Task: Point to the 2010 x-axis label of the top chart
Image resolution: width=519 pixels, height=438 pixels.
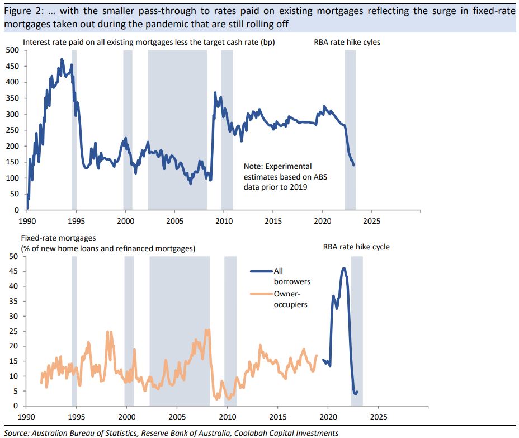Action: tap(224, 221)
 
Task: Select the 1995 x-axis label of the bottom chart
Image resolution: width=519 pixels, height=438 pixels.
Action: tap(77, 417)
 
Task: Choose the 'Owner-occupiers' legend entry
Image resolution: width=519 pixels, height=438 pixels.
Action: tap(288, 299)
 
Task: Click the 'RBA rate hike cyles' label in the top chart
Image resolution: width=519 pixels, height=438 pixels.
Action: tap(347, 42)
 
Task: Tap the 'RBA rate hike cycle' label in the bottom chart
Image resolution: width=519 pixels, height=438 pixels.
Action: tap(356, 247)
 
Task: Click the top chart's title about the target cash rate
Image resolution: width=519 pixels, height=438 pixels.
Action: tap(149, 42)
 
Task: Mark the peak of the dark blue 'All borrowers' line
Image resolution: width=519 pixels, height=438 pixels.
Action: tap(343, 269)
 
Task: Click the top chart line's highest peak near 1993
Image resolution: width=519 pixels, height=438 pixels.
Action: tap(62, 59)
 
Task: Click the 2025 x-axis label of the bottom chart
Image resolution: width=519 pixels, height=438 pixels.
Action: tap(378, 417)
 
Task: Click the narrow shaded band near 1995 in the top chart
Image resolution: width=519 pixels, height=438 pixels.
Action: tap(74, 129)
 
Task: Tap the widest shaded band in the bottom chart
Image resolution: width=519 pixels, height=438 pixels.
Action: tap(180, 330)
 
